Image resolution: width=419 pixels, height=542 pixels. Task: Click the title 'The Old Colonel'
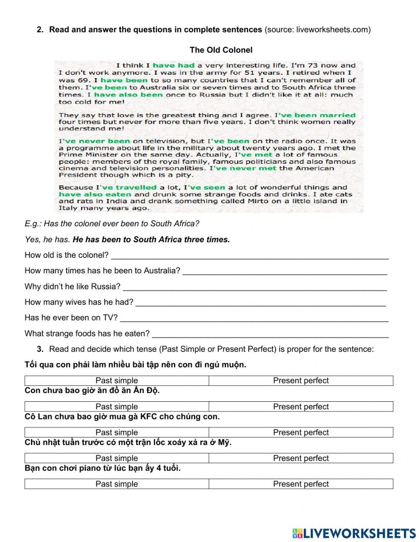[x=221, y=50]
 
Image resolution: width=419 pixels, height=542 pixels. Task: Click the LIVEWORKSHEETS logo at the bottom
[x=354, y=533]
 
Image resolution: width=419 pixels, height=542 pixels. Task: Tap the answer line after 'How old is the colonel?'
[x=250, y=256]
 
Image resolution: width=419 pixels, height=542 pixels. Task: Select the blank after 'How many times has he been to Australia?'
[x=285, y=271]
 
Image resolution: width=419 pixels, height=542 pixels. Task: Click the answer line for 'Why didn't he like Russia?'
[x=255, y=287]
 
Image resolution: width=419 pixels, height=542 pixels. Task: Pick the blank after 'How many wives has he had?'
[x=261, y=303]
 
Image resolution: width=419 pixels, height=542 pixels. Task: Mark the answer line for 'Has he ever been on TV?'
[x=254, y=318]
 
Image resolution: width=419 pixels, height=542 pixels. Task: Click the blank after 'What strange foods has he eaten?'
[x=270, y=334]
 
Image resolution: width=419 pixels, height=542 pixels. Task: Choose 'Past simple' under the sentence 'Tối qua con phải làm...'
[x=116, y=381]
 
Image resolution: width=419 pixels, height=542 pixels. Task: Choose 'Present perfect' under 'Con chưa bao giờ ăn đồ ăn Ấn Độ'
[x=301, y=406]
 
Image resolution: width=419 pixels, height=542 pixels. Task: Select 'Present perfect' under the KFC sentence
[x=301, y=432]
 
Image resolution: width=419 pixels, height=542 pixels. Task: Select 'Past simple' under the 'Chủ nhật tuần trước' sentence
[x=116, y=458]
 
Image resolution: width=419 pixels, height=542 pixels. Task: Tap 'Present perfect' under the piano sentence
[x=301, y=484]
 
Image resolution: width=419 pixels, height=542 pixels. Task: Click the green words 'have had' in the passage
[x=173, y=65]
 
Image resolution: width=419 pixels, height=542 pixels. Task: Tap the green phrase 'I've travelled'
[x=127, y=188]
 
